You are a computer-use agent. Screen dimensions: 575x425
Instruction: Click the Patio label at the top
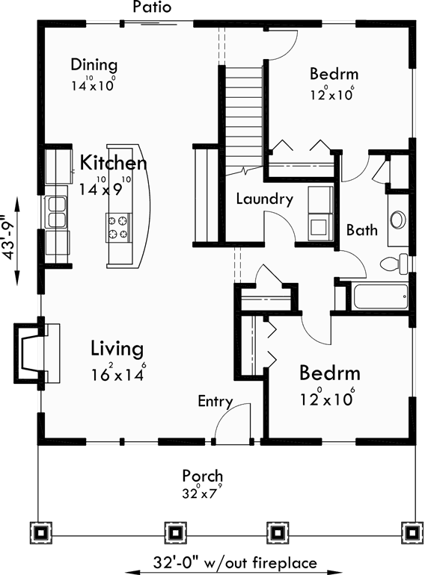click(x=152, y=7)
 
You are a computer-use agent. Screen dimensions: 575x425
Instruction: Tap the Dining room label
click(x=94, y=64)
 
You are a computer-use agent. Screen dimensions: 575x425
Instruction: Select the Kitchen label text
click(x=114, y=163)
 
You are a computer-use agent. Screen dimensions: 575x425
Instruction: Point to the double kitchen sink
click(x=56, y=210)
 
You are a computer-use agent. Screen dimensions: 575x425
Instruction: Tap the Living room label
click(x=117, y=348)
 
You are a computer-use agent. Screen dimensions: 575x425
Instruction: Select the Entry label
click(x=215, y=402)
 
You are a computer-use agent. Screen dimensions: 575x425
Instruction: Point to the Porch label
click(x=202, y=476)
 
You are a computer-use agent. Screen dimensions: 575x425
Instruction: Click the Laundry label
click(x=263, y=199)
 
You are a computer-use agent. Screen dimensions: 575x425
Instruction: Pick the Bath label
click(x=361, y=230)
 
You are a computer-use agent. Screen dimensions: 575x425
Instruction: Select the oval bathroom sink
click(x=397, y=219)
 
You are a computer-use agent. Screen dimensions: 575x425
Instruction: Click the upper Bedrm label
click(x=334, y=74)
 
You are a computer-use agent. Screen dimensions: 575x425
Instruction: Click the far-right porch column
click(x=411, y=532)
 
